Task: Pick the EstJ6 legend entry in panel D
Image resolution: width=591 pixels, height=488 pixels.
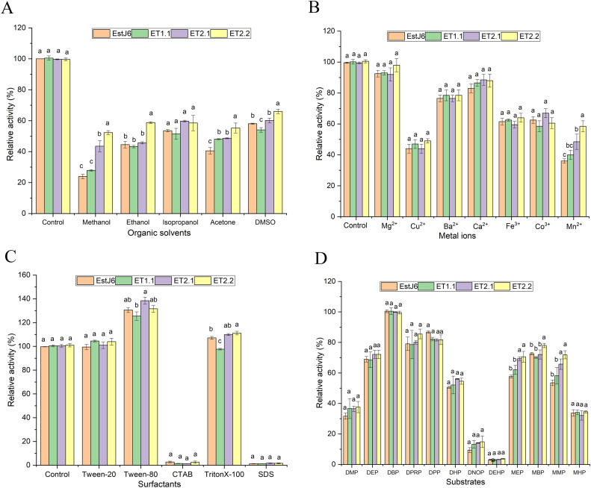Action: tap(396, 285)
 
